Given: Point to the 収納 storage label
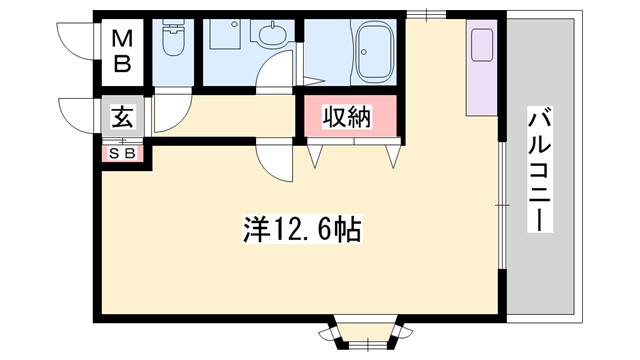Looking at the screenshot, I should coord(346,117).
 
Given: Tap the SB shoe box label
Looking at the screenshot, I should coord(122,154).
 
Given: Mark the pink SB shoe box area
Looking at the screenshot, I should coord(122,155).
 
